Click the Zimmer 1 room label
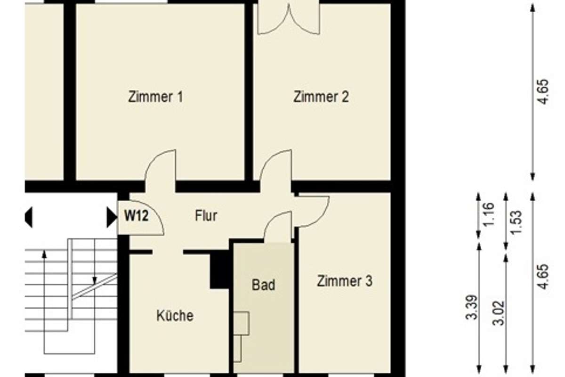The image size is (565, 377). click(x=156, y=97)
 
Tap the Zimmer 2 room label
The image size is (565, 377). click(x=321, y=97)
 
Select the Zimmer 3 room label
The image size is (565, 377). click(x=345, y=281)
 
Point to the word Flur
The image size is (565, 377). click(x=206, y=216)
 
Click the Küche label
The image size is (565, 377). click(x=175, y=315)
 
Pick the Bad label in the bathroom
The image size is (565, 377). click(x=263, y=285)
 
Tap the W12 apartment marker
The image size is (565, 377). click(x=137, y=216)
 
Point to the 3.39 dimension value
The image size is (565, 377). click(x=472, y=307)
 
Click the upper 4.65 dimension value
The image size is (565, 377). click(x=543, y=91)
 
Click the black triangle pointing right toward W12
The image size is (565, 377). click(x=112, y=217)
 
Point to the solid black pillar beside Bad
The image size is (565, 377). click(x=220, y=270)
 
